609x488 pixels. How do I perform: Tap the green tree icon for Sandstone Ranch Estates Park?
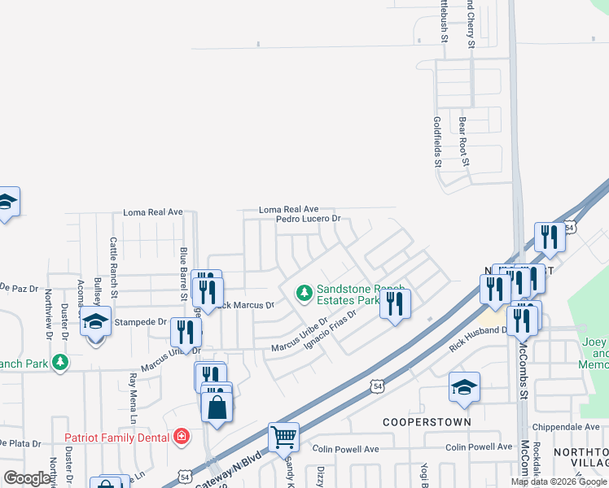[304, 291]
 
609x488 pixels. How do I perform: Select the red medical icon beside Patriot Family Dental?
[181, 437]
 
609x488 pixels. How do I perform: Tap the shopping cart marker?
[284, 438]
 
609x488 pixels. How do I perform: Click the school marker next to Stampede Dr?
[95, 322]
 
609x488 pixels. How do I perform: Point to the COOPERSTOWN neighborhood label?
[427, 423]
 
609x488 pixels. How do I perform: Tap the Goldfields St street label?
[436, 141]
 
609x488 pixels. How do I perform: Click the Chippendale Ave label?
[566, 427]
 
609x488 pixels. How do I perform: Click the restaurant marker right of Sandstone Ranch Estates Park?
[395, 303]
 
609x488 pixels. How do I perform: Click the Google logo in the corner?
[28, 478]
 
